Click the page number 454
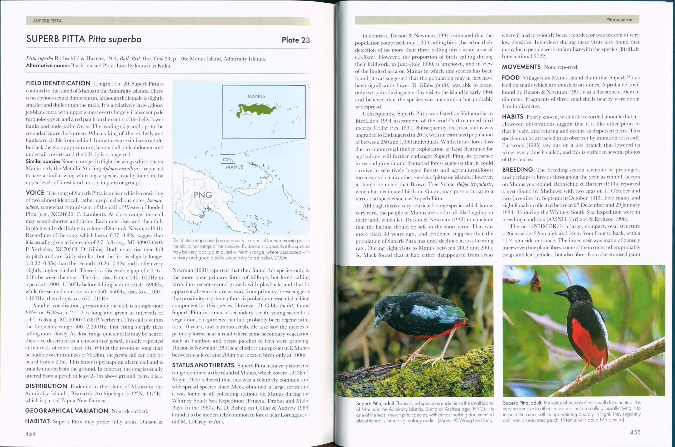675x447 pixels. [x=31, y=434]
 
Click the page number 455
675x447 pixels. [x=635, y=432]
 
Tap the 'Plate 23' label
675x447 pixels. [x=296, y=40]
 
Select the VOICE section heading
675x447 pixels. [x=35, y=193]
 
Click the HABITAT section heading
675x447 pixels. [x=37, y=421]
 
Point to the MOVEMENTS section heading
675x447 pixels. [x=521, y=67]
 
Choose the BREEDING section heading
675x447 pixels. [x=517, y=170]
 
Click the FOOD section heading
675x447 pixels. [x=511, y=78]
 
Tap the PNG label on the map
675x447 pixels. [x=203, y=195]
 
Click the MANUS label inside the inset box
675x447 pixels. [x=256, y=96]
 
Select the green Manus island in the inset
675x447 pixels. [x=257, y=109]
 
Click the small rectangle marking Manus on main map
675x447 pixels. [x=228, y=159]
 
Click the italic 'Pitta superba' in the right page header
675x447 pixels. [x=619, y=20]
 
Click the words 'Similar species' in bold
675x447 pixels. [x=43, y=161]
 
